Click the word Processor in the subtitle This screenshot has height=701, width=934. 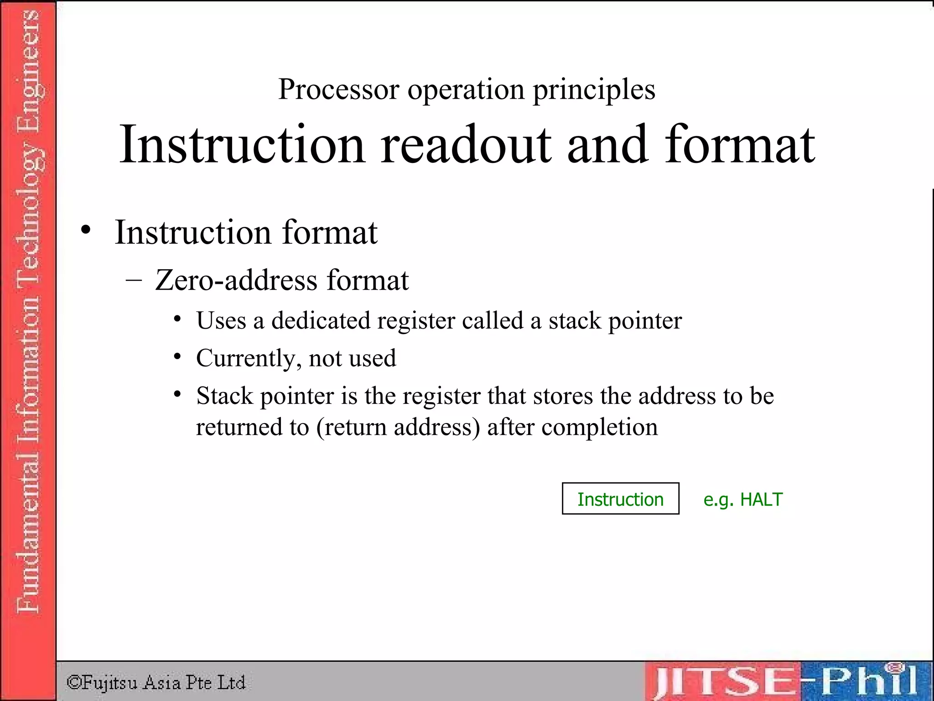point(338,89)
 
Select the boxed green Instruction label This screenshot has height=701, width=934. point(620,499)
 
